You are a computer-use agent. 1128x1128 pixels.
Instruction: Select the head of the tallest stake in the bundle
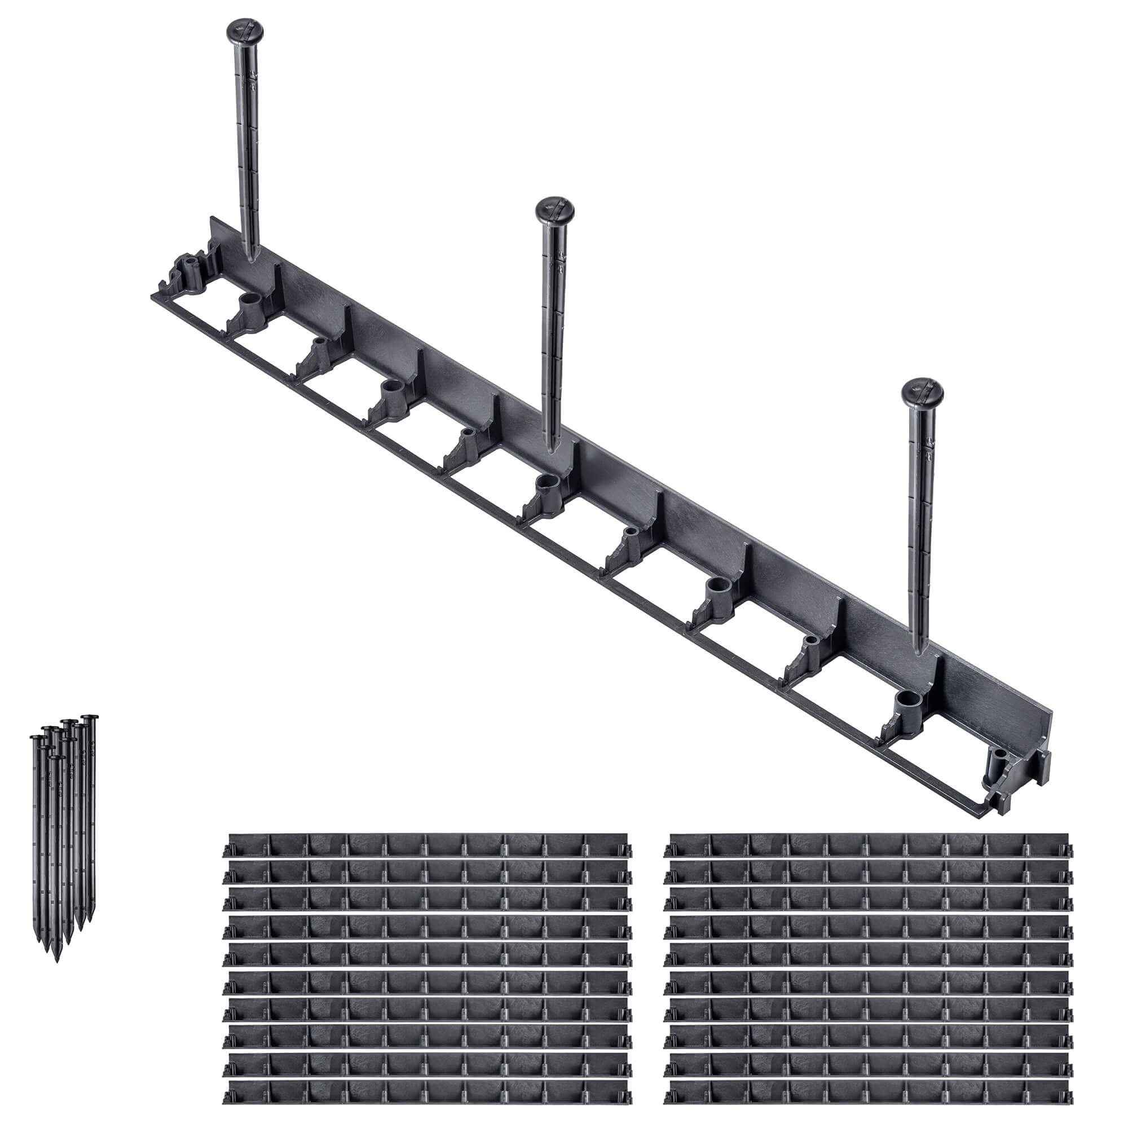90,717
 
